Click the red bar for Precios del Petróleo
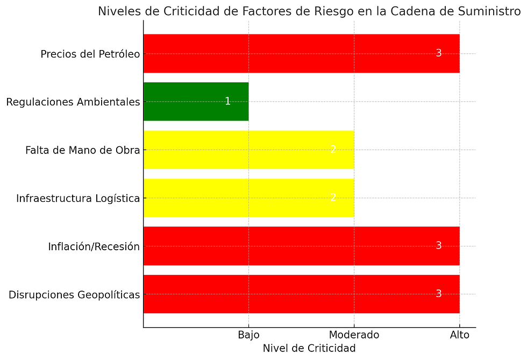(x=301, y=53)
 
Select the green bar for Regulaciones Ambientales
(x=196, y=101)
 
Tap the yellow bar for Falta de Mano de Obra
(x=248, y=150)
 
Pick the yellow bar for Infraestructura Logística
(x=248, y=198)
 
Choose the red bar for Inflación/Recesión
(x=301, y=246)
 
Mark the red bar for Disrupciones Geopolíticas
(x=301, y=294)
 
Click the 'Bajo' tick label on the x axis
(x=248, y=335)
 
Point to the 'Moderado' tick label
(x=354, y=335)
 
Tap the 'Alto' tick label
(x=459, y=335)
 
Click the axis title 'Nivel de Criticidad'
(x=309, y=348)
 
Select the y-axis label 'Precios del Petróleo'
(x=90, y=54)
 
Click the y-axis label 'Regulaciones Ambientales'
(x=73, y=102)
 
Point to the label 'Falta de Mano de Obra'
(x=82, y=150)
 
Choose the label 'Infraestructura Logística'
(x=78, y=199)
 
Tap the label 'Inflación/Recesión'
(x=94, y=247)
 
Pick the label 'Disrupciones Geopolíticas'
(x=74, y=295)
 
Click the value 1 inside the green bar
(x=227, y=101)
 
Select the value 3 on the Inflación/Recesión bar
(x=438, y=246)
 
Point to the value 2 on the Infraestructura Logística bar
(x=333, y=197)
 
